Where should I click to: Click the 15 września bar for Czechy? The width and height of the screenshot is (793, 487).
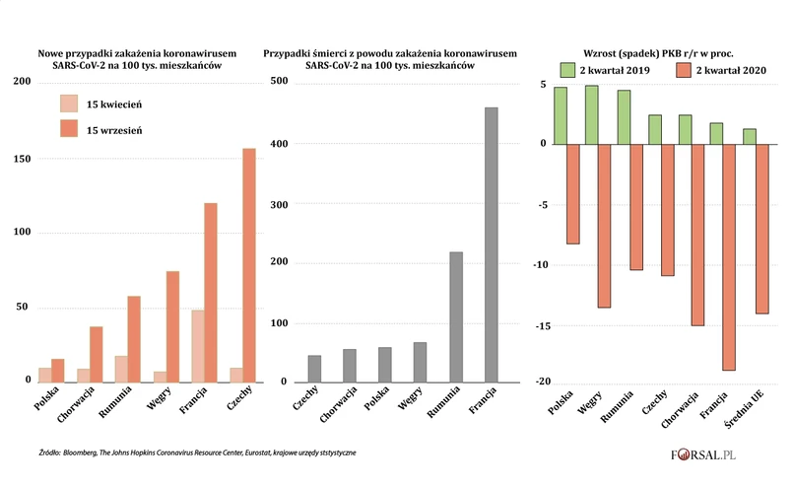click(249, 265)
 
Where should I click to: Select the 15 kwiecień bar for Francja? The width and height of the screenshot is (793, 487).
click(198, 346)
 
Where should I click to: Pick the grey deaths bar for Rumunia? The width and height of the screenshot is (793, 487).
click(456, 316)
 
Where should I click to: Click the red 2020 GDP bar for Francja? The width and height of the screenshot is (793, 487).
click(730, 257)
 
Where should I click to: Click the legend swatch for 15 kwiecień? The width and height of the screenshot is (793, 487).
click(69, 104)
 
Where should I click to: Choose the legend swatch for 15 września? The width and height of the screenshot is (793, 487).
click(69, 129)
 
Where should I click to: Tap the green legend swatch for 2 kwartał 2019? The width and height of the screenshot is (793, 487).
click(567, 70)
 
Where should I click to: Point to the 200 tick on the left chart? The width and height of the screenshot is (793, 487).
click(23, 82)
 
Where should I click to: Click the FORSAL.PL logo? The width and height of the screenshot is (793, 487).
click(719, 455)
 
